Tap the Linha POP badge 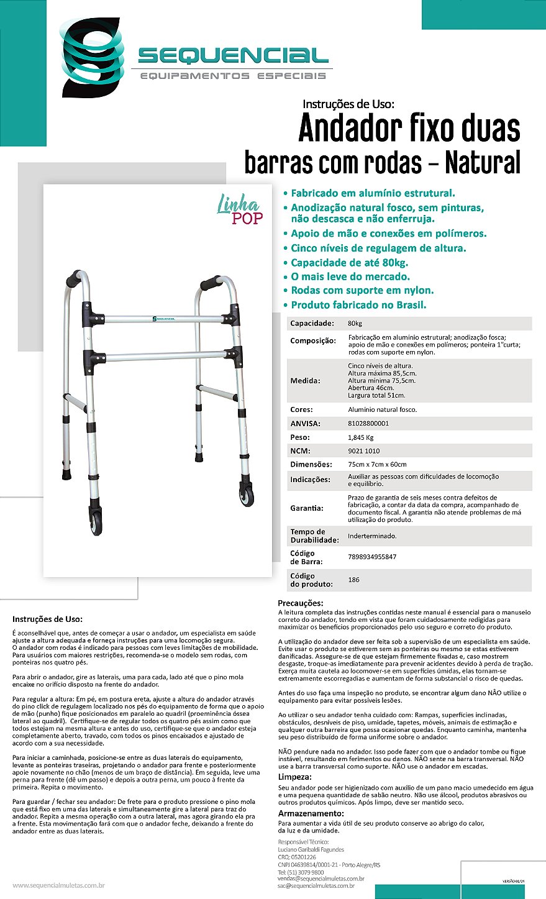click(x=240, y=209)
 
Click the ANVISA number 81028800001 click(x=369, y=423)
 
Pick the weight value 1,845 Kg click(x=360, y=437)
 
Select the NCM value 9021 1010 click(x=364, y=450)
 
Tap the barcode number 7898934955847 click(x=372, y=557)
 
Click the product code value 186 click(x=353, y=580)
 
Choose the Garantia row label click(x=307, y=508)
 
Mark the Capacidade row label click(x=312, y=324)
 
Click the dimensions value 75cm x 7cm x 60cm click(x=378, y=464)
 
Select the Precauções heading click(x=300, y=603)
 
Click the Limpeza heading click(x=294, y=777)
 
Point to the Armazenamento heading click(x=310, y=813)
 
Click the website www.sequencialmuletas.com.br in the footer click(x=58, y=885)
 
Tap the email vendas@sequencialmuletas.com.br click(x=321, y=878)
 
